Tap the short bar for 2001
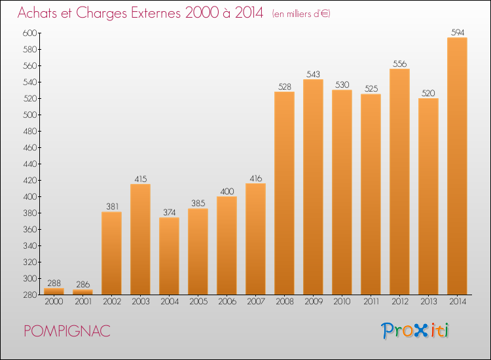(x=82, y=292)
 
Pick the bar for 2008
(x=284, y=193)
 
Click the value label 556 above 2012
(x=399, y=63)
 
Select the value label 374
(x=169, y=211)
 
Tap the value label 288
(x=54, y=282)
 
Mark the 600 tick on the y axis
(x=30, y=33)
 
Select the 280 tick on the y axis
(x=30, y=295)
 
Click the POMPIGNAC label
(x=66, y=331)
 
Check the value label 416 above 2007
(x=255, y=177)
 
